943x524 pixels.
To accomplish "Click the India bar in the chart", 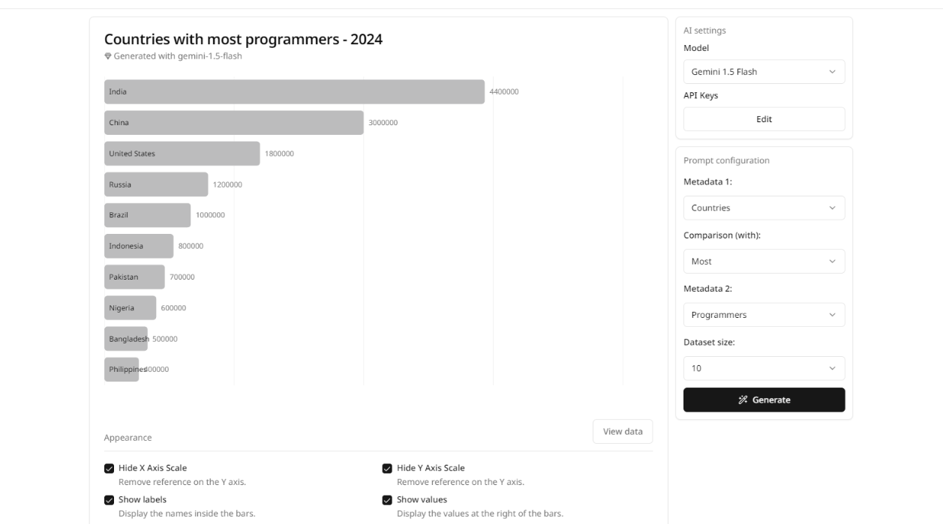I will pos(294,92).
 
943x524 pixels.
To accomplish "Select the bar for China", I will pos(233,123).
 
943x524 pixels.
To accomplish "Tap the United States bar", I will pos(182,154).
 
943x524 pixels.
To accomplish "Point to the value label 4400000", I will pos(504,92).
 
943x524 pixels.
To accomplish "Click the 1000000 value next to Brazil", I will pos(210,215).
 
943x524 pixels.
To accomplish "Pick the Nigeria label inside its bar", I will pos(122,308).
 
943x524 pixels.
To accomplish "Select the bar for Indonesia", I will pos(139,246).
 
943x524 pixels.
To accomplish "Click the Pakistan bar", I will pos(134,277).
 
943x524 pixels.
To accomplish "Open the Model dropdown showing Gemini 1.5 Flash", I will pos(764,72).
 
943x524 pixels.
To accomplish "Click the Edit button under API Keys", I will pos(764,119).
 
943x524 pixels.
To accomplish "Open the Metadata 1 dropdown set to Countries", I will pos(764,208).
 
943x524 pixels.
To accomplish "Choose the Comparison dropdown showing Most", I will pos(764,262).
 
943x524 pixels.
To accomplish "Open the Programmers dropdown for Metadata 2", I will pos(764,315).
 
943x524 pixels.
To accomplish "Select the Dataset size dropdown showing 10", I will pos(764,368).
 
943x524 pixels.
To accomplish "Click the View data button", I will pos(623,432).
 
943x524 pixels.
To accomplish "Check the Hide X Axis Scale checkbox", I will pos(110,469).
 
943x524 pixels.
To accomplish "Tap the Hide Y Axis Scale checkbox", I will pos(387,469).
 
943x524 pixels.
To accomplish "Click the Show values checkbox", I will pos(387,500).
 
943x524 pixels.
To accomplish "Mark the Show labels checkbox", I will pos(110,500).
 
